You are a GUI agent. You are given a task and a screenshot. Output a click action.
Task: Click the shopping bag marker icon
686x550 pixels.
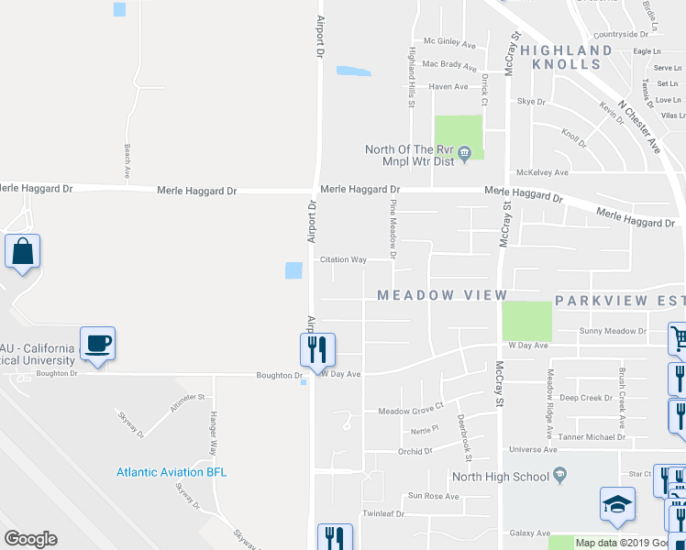tap(21, 251)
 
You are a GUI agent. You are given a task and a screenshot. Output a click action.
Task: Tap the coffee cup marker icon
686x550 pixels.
tap(97, 344)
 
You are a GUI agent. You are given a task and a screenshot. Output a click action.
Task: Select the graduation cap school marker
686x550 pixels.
tap(617, 504)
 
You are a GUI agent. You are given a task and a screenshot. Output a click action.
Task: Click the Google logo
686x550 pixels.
tap(31, 539)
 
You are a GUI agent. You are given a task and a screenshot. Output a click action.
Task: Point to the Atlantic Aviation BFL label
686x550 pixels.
tap(171, 472)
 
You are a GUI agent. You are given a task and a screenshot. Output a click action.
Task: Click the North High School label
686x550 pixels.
tap(500, 477)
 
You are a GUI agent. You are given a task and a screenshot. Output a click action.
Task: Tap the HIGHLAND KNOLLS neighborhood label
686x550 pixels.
tap(567, 57)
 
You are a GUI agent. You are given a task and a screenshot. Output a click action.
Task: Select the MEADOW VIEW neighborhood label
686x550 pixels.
tap(442, 295)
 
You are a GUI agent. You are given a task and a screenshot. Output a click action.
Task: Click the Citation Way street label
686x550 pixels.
tap(343, 259)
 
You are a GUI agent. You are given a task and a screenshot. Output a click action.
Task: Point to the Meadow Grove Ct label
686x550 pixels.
tap(411, 412)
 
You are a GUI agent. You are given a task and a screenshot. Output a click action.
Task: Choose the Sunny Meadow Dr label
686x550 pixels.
tap(613, 331)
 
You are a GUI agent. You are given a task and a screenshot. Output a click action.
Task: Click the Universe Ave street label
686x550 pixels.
tap(533, 450)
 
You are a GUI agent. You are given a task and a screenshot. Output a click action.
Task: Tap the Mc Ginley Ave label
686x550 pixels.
tap(449, 43)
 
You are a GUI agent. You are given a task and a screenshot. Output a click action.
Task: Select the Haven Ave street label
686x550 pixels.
tap(448, 87)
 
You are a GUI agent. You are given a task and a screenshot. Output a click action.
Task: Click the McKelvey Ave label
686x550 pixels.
tap(542, 171)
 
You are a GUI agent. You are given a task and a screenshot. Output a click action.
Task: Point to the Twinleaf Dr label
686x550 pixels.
tap(383, 513)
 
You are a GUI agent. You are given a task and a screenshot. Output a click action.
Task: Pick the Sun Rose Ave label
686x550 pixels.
tap(433, 496)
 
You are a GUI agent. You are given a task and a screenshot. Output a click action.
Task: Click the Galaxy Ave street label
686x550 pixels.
tap(529, 533)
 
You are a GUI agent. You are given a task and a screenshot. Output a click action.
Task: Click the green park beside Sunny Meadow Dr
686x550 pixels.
tap(526, 321)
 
